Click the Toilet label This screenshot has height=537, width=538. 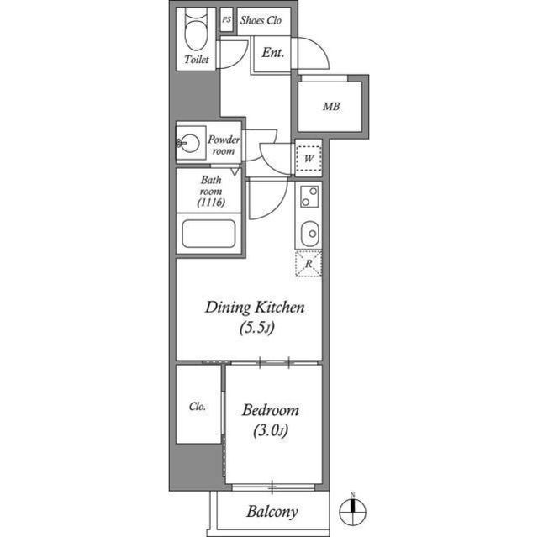pyautogui.click(x=197, y=61)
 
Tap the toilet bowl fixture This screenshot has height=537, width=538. pyautogui.click(x=197, y=34)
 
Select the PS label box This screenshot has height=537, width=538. pyautogui.click(x=226, y=20)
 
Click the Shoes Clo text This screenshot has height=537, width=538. pyautogui.click(x=261, y=20)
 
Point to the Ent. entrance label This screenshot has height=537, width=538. pyautogui.click(x=272, y=53)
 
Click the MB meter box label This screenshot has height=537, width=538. pyautogui.click(x=331, y=107)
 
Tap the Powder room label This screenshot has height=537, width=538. pyautogui.click(x=224, y=145)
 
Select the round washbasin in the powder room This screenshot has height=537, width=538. pyautogui.click(x=190, y=144)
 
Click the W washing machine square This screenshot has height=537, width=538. pyautogui.click(x=309, y=158)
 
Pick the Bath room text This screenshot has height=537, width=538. pyautogui.click(x=210, y=185)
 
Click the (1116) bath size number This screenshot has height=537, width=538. pyautogui.click(x=210, y=203)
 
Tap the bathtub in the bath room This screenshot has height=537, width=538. pyautogui.click(x=208, y=233)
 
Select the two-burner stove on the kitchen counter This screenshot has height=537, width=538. pyautogui.click(x=309, y=197)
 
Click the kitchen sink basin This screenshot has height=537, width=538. pyautogui.click(x=309, y=230)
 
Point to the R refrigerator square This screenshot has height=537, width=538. pyautogui.click(x=309, y=264)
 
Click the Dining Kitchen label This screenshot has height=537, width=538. pyautogui.click(x=254, y=308)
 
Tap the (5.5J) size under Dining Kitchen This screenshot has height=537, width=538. pyautogui.click(x=255, y=329)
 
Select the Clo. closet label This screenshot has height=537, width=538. pyautogui.click(x=198, y=406)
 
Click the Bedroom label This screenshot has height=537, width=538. pyautogui.click(x=271, y=411)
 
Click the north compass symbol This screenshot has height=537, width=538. pyautogui.click(x=353, y=510)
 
